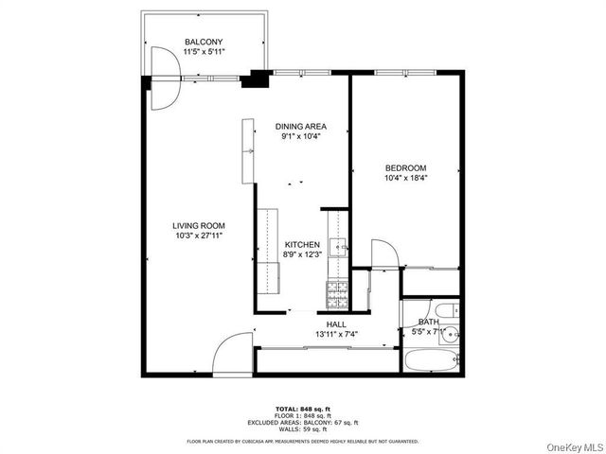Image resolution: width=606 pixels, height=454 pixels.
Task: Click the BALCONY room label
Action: click(x=204, y=42)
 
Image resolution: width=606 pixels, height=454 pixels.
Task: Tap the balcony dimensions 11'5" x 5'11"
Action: click(x=204, y=52)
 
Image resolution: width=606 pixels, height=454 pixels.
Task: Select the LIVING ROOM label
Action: click(x=198, y=225)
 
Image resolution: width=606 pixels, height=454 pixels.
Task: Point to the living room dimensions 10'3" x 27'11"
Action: click(x=198, y=236)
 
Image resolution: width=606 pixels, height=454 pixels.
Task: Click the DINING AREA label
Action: click(x=300, y=126)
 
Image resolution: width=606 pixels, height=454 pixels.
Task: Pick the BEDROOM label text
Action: click(x=405, y=167)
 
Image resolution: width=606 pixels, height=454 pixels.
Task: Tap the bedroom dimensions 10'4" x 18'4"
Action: click(x=405, y=178)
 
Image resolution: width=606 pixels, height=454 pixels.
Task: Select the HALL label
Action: click(x=336, y=323)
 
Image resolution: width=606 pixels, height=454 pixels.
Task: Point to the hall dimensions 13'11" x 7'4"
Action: click(x=336, y=334)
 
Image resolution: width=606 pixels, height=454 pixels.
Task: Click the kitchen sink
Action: click(x=338, y=248)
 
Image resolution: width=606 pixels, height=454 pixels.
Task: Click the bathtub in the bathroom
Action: click(x=430, y=359)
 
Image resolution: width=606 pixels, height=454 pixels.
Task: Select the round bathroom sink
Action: click(x=451, y=332)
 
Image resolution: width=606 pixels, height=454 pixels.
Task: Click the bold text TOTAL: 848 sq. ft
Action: click(x=302, y=408)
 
